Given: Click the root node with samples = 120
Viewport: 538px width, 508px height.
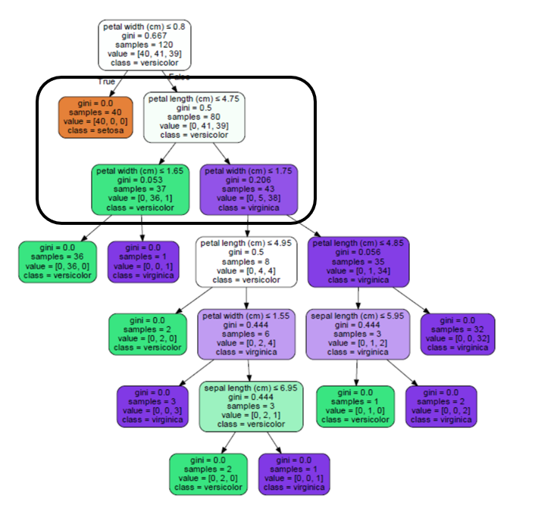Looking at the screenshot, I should tap(144, 45).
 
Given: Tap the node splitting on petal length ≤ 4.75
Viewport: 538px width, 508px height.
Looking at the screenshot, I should tap(195, 117).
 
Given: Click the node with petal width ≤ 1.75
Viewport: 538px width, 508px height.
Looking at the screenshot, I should tap(249, 189).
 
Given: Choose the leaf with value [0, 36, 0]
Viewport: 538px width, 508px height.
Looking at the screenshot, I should tap(56, 261).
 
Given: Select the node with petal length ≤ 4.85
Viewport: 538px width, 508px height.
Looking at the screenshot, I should tap(358, 261).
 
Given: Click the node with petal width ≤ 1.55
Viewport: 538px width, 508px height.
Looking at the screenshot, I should tap(244, 334).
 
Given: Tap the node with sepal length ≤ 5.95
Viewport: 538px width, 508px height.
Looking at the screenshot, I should tap(357, 334).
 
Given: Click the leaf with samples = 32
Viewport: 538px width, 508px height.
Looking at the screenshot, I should tap(458, 334).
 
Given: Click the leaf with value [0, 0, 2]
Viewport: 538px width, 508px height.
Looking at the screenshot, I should tap(440, 406).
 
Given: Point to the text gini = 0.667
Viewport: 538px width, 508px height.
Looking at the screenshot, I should tap(144, 36).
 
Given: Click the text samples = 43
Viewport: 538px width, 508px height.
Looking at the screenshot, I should tap(249, 189).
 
